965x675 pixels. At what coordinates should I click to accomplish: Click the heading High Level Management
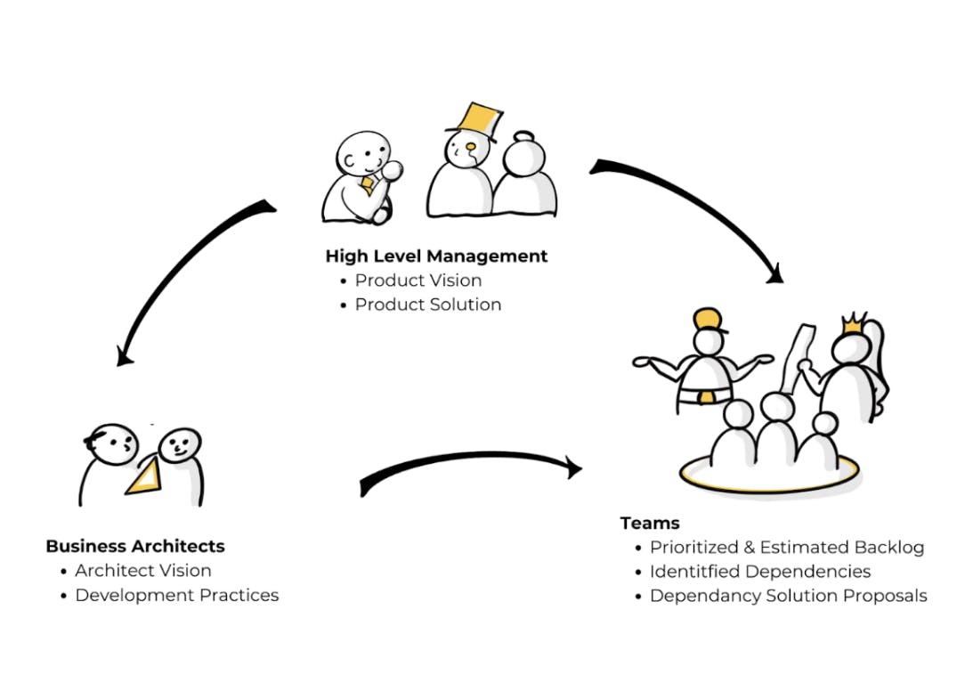point(436,256)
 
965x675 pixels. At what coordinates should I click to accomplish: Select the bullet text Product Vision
point(418,281)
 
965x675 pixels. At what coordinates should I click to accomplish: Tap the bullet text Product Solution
point(428,305)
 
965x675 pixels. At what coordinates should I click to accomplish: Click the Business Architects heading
point(135,546)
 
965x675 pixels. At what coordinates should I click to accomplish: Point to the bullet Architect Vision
point(143,571)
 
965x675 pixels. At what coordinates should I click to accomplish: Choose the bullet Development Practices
point(177,595)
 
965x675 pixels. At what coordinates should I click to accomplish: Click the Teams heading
point(650,523)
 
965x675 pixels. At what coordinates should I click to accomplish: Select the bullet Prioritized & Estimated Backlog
point(787,548)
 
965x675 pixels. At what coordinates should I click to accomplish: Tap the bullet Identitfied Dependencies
point(760,572)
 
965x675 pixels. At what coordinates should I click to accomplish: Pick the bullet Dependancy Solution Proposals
point(789,596)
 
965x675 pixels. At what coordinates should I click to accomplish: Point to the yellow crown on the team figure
point(853,323)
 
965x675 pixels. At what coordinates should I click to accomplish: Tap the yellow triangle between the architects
point(148,476)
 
